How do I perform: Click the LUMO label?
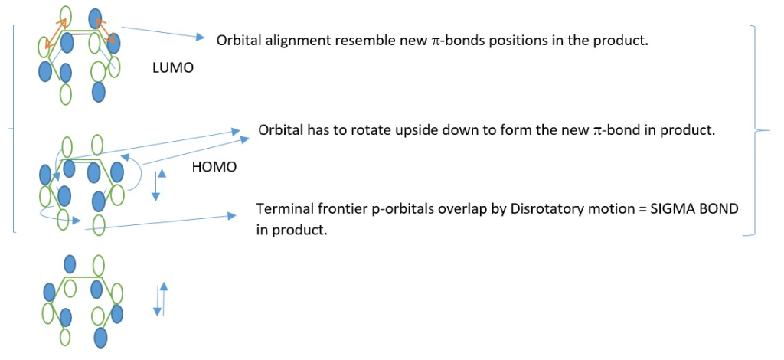172,68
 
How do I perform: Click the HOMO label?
214,167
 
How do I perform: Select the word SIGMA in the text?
673,208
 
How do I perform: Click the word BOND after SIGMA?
717,208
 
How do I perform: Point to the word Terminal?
282,208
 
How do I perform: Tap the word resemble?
352,41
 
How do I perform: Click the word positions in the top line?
517,41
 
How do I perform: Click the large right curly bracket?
760,130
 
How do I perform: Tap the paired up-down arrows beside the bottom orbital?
160,299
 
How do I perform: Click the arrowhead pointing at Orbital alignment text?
200,37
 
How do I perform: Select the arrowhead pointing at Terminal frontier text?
230,215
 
